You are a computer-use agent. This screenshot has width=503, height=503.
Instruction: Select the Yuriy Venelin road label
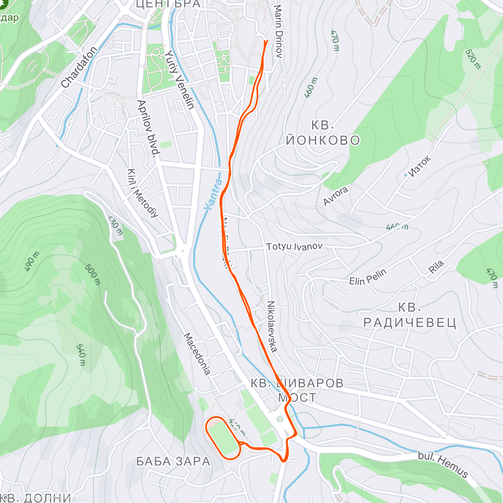[x=179, y=79]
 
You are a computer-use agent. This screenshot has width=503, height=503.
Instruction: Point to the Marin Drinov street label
[x=278, y=31]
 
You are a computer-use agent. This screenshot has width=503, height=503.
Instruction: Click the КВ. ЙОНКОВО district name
[x=323, y=133]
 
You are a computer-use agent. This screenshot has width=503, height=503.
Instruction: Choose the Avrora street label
[x=335, y=196]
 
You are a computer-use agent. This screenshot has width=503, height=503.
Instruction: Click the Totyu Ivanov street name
[x=294, y=246]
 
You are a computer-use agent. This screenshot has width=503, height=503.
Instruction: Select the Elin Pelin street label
[x=368, y=277]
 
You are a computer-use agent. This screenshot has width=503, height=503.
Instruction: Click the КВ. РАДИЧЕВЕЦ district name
[x=410, y=315]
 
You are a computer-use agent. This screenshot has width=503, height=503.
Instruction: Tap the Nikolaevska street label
[x=272, y=326]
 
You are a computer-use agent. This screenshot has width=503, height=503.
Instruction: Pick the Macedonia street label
[x=197, y=354]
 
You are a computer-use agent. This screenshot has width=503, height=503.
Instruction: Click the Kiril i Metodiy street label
[x=143, y=193]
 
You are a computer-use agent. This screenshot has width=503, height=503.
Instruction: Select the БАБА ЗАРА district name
[x=173, y=462]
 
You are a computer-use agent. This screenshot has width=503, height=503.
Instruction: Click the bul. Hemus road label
[x=443, y=464]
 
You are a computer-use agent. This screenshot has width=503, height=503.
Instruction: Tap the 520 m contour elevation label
[x=473, y=59]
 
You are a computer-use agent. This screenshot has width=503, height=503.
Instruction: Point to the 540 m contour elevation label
[x=81, y=355]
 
